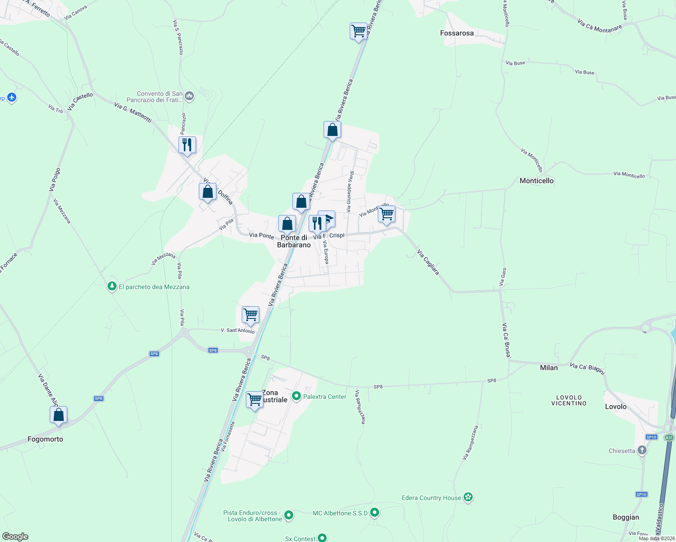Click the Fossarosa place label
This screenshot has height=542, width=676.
pos(457,33)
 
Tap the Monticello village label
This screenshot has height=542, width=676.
pos(536,181)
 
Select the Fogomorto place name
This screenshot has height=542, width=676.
pos(45,439)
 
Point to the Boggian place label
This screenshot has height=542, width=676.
pos(626,517)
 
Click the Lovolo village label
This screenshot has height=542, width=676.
pos(615,406)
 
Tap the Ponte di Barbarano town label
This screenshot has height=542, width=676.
pos(294,241)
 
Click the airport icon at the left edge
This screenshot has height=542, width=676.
pos(12,97)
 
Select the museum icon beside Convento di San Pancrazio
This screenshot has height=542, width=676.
pos(190,96)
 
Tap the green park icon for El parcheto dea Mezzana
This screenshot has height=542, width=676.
pos(112,286)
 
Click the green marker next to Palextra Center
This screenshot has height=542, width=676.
pos(296,396)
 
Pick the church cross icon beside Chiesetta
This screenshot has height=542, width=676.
pos(642,450)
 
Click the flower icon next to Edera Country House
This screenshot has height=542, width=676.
pos(468,497)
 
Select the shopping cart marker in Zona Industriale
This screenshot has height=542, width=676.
pos(254,400)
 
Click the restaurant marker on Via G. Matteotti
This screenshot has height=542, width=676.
pos(187,145)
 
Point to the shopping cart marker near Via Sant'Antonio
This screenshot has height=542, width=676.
pos(250,314)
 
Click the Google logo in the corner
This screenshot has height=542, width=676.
pos(15,537)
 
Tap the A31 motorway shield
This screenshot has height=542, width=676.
pos(669,438)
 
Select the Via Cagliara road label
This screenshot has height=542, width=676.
pos(428,262)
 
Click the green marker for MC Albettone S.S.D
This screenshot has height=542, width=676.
pos(375,513)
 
